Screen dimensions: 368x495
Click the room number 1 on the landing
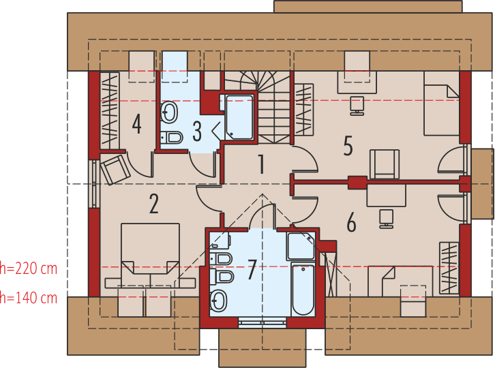tap(260, 164)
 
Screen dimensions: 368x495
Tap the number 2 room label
tap(154, 204)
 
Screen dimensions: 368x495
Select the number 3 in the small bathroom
tap(197, 130)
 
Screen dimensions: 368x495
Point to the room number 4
tap(137, 125)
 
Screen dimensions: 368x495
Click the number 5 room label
tap(348, 147)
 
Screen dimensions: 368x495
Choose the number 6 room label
tap(351, 222)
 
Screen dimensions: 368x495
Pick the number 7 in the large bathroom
tap(252, 270)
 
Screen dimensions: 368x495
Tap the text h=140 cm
tap(29, 298)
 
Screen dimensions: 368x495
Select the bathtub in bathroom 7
tap(303, 289)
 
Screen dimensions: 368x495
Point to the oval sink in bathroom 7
tap(219, 299)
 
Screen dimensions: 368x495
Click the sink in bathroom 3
tap(170, 112)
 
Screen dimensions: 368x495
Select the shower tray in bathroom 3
tap(239, 117)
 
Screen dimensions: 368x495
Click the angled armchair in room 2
tap(115, 170)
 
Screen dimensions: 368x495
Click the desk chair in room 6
tap(387, 217)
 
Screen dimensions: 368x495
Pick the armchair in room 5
tap(385, 164)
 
